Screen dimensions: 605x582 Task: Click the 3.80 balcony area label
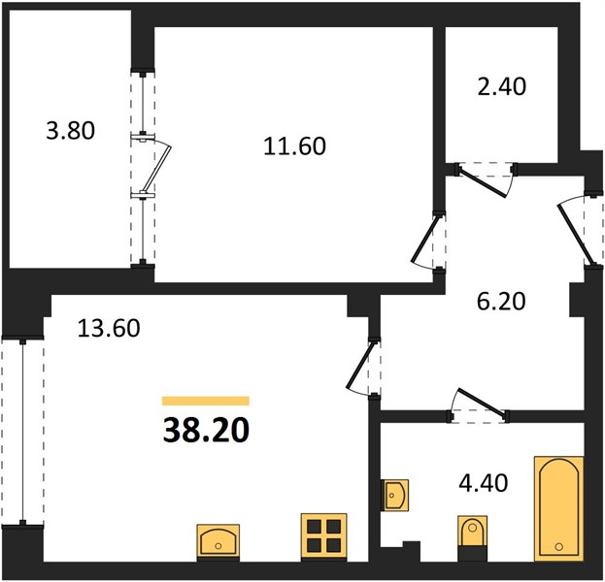click(x=70, y=130)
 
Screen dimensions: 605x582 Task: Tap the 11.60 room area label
click(x=295, y=146)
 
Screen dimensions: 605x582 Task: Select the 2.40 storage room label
click(x=502, y=86)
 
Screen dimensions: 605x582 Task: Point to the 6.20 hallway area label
click(x=501, y=301)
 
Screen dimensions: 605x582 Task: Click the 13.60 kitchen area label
click(x=109, y=329)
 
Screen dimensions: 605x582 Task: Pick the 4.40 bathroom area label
click(x=483, y=483)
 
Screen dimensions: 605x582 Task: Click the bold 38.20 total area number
click(x=206, y=431)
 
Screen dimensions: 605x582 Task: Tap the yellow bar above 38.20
click(x=206, y=401)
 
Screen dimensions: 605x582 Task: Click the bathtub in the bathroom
click(x=558, y=509)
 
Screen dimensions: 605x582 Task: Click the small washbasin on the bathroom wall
click(x=394, y=495)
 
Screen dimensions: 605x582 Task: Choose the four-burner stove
click(x=323, y=536)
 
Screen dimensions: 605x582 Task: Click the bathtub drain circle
click(x=558, y=546)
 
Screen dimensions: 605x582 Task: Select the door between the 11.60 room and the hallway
click(x=428, y=242)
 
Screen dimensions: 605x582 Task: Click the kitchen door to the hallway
click(x=363, y=367)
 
